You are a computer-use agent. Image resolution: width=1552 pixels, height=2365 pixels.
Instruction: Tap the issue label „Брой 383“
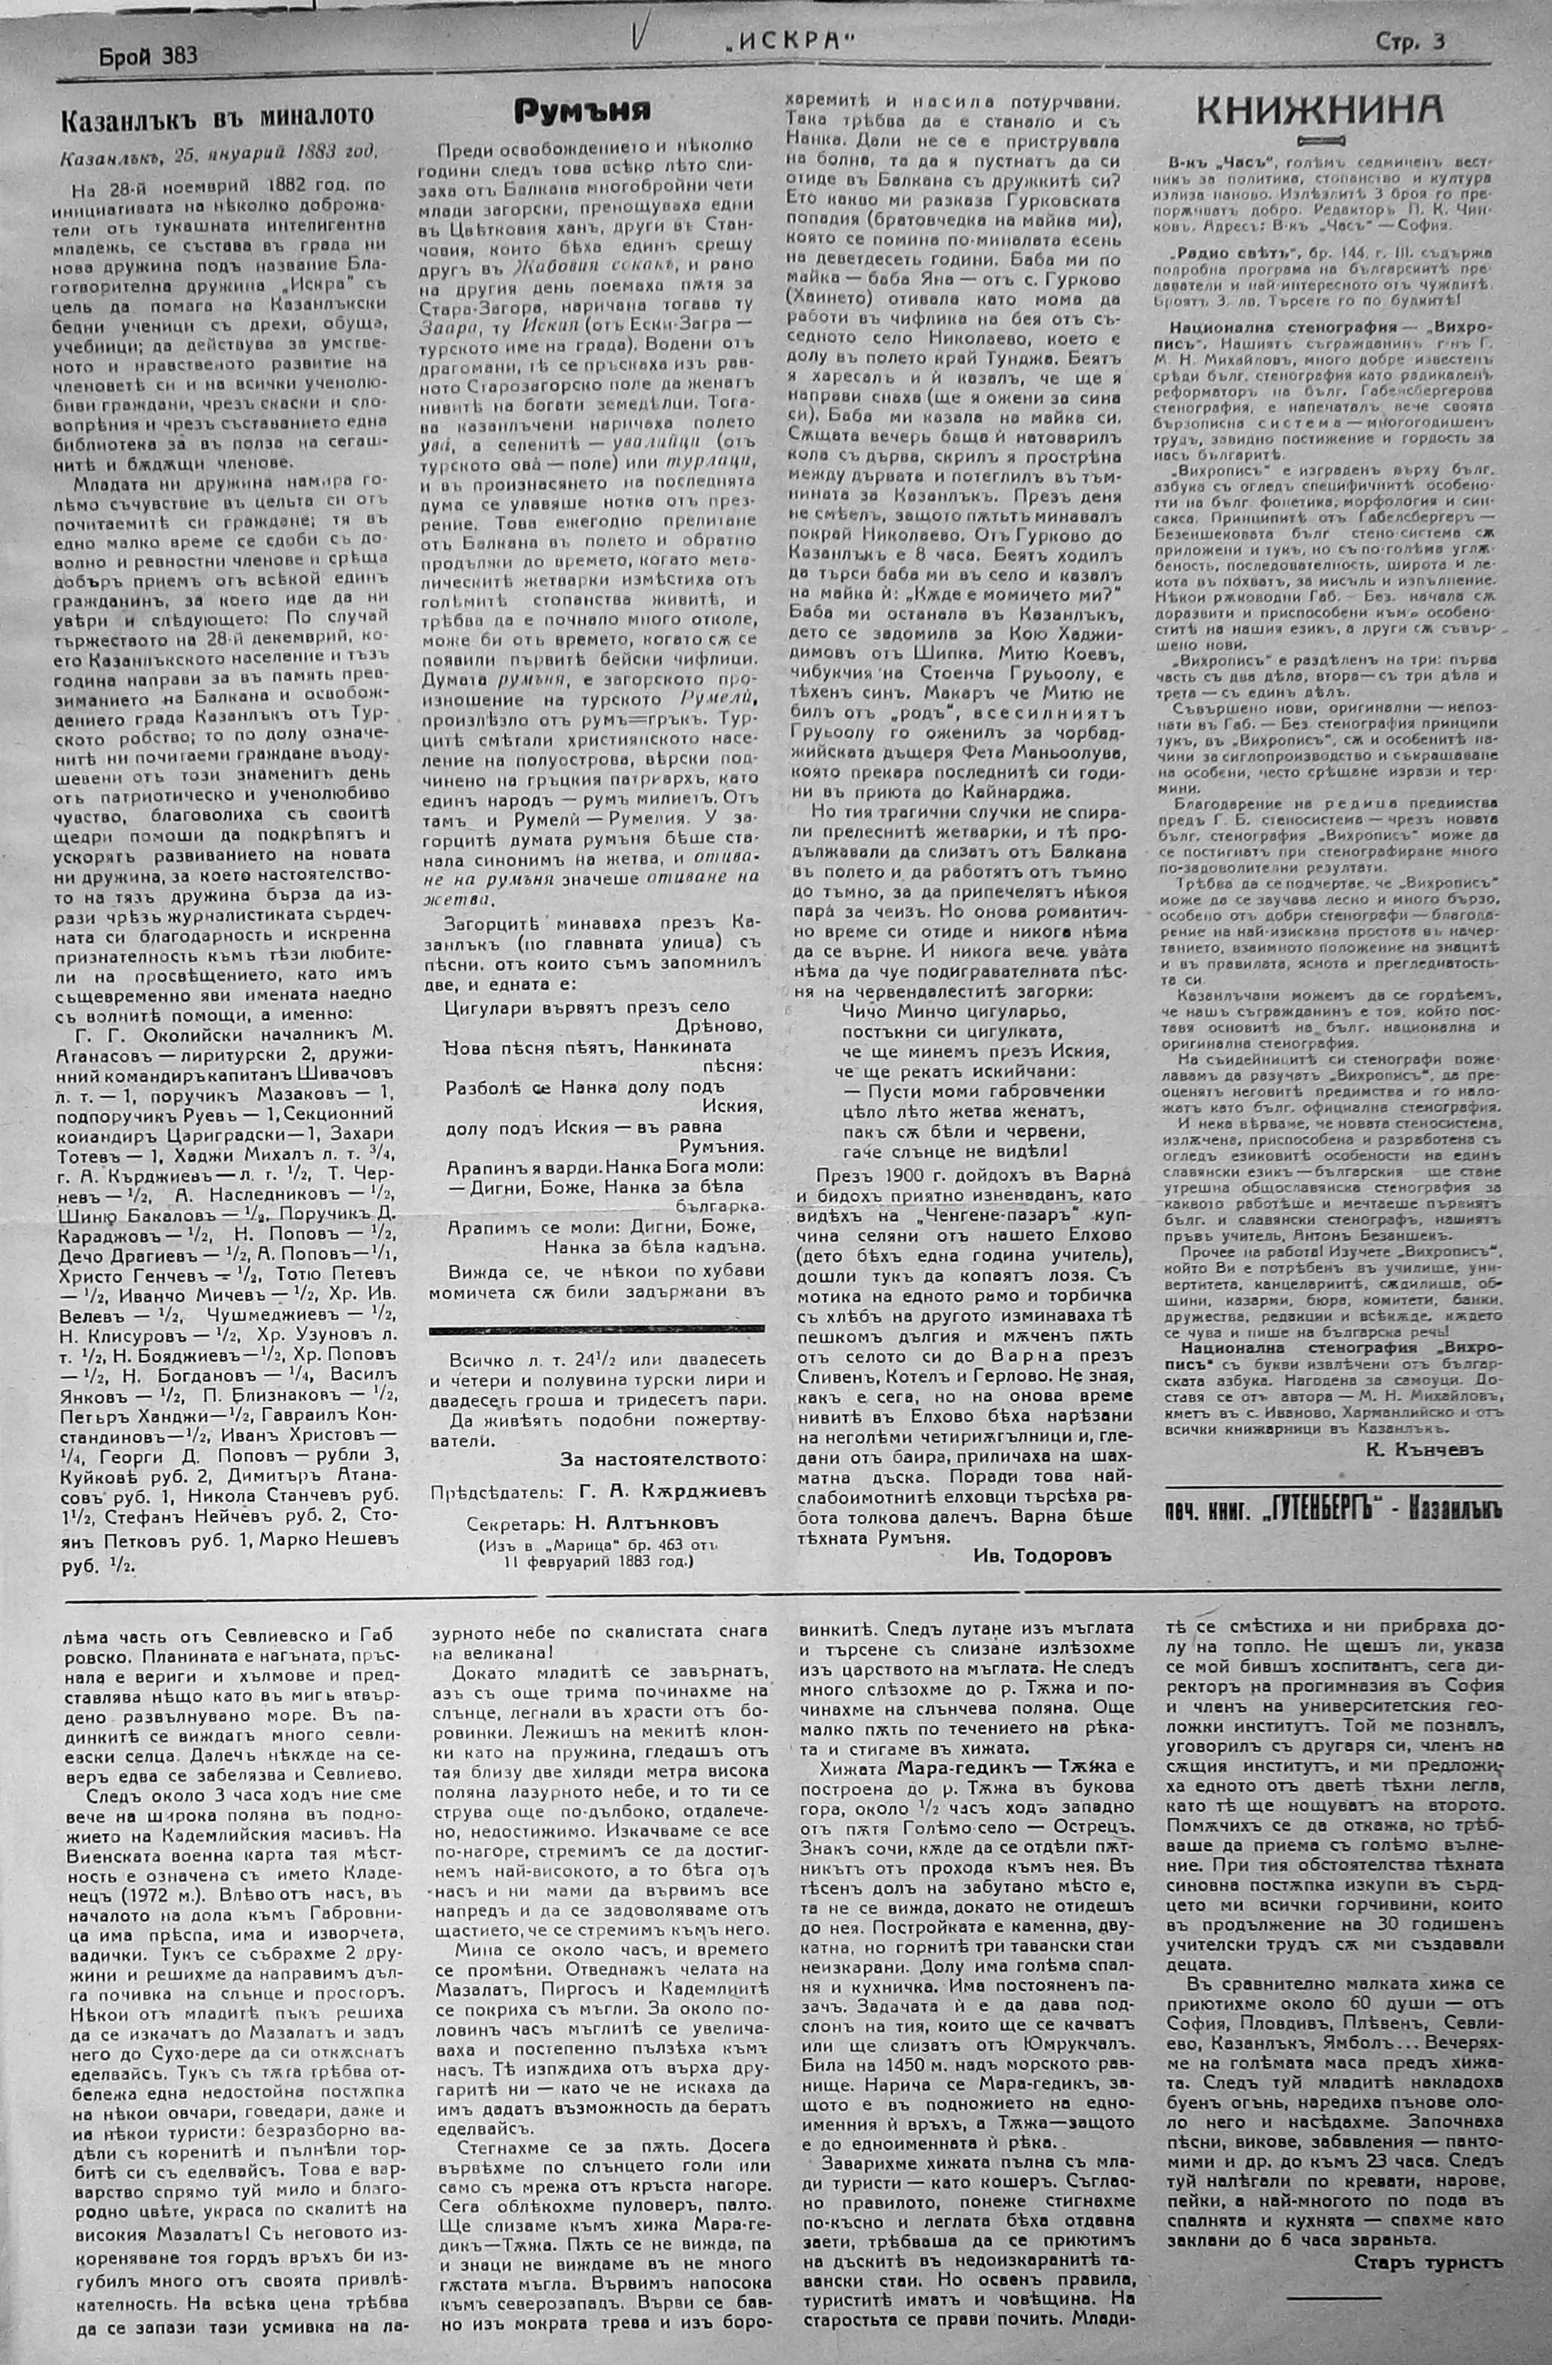[x=148, y=55]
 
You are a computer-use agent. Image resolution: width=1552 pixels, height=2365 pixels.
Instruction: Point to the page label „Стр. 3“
[x=1410, y=42]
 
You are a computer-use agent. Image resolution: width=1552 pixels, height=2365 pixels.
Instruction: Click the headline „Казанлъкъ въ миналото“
[x=217, y=117]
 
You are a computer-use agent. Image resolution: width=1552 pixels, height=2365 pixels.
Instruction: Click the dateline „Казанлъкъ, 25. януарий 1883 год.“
[x=219, y=155]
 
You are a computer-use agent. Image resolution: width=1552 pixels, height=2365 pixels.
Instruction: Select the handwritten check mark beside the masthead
[x=637, y=40]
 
